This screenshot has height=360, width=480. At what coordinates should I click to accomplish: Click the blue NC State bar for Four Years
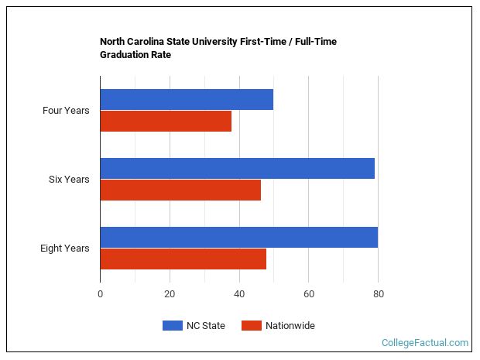187,100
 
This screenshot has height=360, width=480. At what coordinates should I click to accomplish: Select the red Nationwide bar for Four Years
166,122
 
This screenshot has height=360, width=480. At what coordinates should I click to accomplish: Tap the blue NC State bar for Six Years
237,168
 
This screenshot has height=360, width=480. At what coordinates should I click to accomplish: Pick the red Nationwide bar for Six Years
180,190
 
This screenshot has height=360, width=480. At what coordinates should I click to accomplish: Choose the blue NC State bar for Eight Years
238,237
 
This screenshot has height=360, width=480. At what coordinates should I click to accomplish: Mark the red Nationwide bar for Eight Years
183,259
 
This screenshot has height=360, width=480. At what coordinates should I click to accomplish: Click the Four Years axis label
66,111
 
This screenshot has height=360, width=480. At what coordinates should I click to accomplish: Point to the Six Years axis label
69,180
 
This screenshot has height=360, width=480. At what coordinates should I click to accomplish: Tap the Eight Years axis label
65,249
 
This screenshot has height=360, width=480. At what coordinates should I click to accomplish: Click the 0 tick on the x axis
100,294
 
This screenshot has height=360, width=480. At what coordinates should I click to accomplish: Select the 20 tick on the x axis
170,294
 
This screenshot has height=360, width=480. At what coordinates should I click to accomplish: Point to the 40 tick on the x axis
239,294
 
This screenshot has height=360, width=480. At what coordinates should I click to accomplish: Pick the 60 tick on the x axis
308,294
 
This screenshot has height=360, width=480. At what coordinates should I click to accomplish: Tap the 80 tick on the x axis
378,294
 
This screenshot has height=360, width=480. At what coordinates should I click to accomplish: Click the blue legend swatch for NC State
172,326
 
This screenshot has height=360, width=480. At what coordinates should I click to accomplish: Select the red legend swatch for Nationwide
251,326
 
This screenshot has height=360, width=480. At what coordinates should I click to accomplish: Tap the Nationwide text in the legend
290,326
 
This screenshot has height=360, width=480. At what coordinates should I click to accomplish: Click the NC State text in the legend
205,326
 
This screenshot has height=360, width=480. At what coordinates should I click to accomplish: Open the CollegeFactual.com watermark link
424,342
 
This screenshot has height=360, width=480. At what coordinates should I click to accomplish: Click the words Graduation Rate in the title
135,55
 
